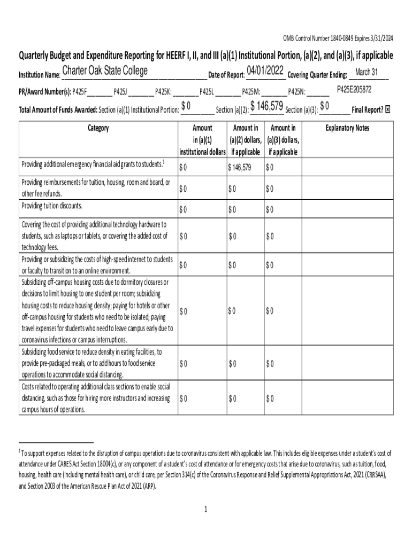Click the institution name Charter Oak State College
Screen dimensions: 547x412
tap(105, 72)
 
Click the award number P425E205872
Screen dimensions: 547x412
tap(354, 89)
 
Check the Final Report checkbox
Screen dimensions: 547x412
tap(388, 109)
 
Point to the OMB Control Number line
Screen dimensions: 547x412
tap(338, 38)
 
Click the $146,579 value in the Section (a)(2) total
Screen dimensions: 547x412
tap(266, 107)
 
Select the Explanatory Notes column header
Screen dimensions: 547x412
tap(347, 128)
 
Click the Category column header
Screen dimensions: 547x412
tap(97, 128)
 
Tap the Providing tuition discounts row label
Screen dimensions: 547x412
tap(52, 206)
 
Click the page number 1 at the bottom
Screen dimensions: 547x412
tap(205, 509)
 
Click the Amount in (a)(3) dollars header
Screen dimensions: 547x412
tap(283, 140)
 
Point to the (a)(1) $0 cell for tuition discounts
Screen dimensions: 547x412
tap(184, 209)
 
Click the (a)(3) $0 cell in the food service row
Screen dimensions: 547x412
tap(270, 364)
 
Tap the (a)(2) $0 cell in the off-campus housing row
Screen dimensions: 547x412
tap(232, 311)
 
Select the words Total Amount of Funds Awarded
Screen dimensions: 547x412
tap(57, 110)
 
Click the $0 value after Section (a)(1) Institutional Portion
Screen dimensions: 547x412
tap(186, 107)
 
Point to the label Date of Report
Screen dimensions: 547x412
tap(226, 75)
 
